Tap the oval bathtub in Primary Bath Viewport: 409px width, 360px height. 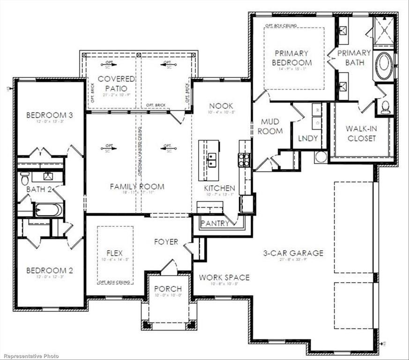(x=384, y=66)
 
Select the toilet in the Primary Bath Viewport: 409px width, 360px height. (x=386, y=107)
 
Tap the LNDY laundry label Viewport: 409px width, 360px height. (x=308, y=138)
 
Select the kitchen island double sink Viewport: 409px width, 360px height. (x=211, y=159)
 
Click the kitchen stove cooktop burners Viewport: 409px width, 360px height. (x=244, y=160)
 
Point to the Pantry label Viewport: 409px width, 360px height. (x=215, y=223)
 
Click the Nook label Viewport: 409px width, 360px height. (x=221, y=106)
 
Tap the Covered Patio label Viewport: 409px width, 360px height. (x=116, y=83)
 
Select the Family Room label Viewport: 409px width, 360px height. (x=137, y=187)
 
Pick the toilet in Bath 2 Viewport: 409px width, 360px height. (x=25, y=178)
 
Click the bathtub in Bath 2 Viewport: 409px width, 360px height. (x=48, y=209)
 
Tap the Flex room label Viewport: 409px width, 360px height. (x=114, y=253)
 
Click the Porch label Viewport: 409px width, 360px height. (x=168, y=289)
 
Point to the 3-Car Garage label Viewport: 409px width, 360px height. (x=293, y=253)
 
